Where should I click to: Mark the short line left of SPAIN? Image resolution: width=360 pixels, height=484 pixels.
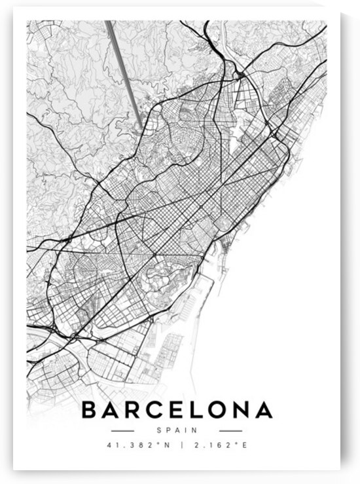(x=122, y=430)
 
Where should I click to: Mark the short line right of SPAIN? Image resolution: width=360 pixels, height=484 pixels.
(x=230, y=430)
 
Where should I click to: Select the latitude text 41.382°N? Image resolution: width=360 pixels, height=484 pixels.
(x=130, y=446)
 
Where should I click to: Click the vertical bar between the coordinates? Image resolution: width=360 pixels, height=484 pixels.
(x=175, y=446)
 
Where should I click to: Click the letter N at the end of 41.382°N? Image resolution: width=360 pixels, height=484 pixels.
(x=158, y=446)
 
